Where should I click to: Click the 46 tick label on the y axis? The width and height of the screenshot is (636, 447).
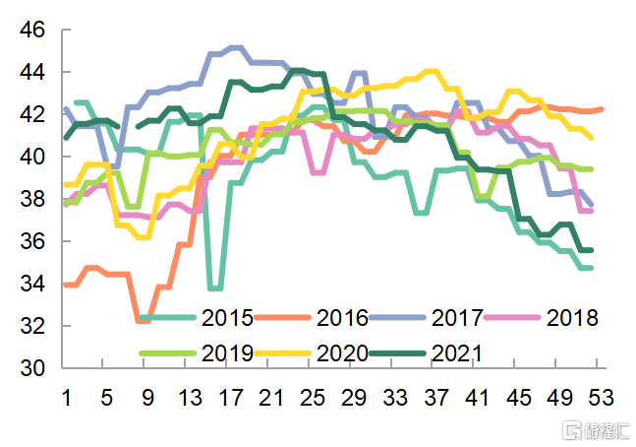(x=32, y=31)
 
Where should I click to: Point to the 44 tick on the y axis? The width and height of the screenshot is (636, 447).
(x=32, y=73)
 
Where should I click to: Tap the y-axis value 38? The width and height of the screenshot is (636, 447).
(x=32, y=199)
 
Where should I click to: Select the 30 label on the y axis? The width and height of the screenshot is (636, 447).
(x=32, y=368)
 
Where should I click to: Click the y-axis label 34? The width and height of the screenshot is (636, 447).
(x=32, y=284)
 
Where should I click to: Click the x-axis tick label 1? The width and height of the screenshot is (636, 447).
(x=66, y=398)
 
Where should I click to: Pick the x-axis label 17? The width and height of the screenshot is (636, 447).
(x=232, y=398)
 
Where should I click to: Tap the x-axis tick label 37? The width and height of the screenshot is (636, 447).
(x=436, y=398)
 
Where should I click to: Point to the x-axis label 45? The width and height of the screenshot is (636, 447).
(x=519, y=398)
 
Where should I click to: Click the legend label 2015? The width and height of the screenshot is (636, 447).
(x=227, y=318)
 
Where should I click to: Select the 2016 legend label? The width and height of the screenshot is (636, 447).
(x=342, y=318)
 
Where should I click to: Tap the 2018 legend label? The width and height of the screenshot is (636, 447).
(x=571, y=318)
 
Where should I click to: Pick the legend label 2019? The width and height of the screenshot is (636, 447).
(x=227, y=352)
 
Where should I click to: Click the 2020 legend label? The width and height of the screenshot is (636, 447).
(x=342, y=352)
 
